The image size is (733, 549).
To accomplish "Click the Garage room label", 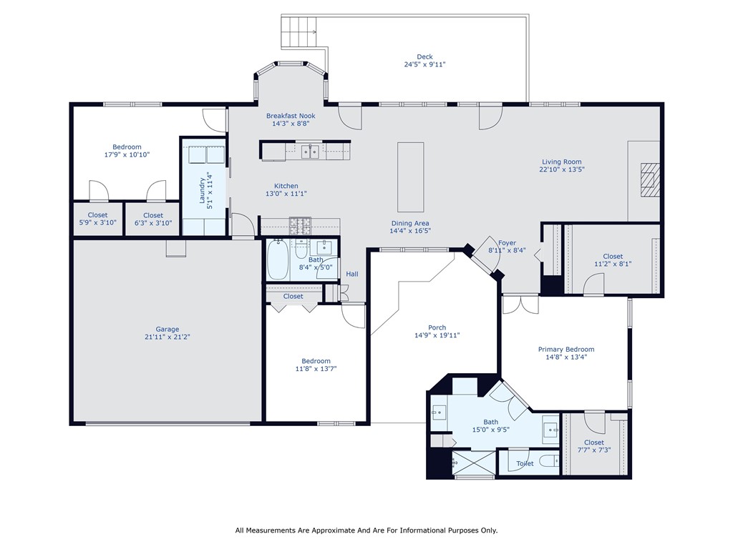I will coord(168,330).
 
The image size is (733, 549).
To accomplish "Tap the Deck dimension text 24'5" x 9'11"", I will coord(424,64).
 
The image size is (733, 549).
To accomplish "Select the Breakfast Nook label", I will coord(291,116).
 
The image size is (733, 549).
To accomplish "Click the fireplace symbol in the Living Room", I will coord(649,179).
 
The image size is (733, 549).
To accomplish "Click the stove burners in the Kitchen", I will coord(300,225).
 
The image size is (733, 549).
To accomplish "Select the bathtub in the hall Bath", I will coord(277,260).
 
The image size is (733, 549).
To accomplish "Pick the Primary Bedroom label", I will coord(565,350).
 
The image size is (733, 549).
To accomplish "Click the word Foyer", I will coord(507,244).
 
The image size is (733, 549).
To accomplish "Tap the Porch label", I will coord(437,328).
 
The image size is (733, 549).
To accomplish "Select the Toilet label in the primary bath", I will coord(525,464).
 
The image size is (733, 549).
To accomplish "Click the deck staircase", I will coord(298,30).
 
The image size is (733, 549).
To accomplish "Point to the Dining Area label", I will coord(409,223).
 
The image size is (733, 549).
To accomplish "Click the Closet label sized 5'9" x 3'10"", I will coord(97,215).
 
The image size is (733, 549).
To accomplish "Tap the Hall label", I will coord(352,274).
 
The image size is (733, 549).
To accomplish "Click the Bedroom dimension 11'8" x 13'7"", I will coord(316,369).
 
